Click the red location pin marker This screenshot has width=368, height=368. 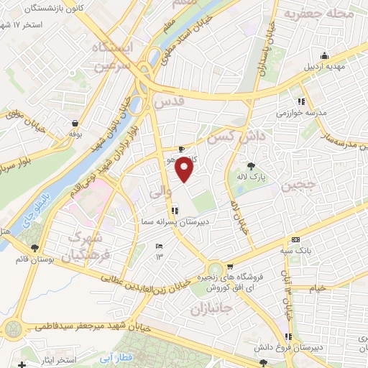pyautogui.click(x=185, y=170)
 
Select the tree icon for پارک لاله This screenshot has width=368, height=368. pyautogui.click(x=250, y=165)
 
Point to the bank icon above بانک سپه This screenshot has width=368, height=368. pyautogui.click(x=295, y=239)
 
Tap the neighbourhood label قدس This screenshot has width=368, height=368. pyautogui.click(x=168, y=102)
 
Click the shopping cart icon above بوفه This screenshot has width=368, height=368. pyautogui.click(x=75, y=122)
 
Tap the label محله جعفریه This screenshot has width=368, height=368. pyautogui.click(x=318, y=14)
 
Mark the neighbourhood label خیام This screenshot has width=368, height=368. pyautogui.click(x=317, y=287)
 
